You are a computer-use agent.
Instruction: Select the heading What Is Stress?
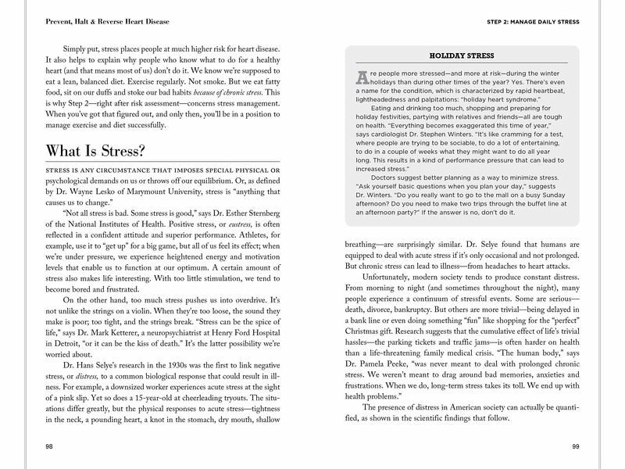[x=95, y=150]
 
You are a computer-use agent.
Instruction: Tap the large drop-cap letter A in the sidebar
[x=362, y=77]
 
